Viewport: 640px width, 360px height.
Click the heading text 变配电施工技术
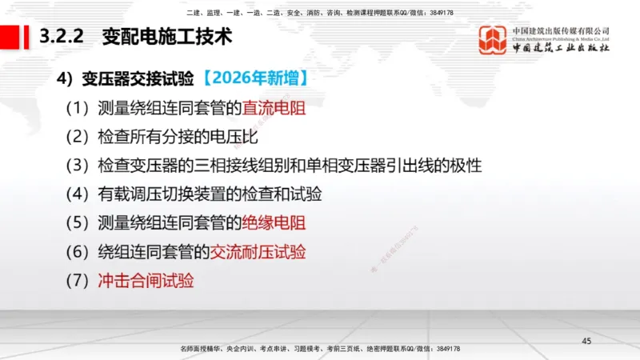pyautogui.click(x=166, y=36)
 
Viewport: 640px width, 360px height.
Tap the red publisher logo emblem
pyautogui.click(x=493, y=40)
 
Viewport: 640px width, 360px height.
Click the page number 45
pyautogui.click(x=586, y=342)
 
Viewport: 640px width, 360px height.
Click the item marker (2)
pyautogui.click(x=78, y=136)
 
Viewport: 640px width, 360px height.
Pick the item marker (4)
pyautogui.click(x=78, y=194)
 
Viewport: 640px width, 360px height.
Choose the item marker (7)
pyautogui.click(x=78, y=280)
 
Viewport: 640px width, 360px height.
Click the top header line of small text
pyautogui.click(x=320, y=13)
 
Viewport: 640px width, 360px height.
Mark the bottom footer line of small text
pyautogui.click(x=320, y=349)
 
